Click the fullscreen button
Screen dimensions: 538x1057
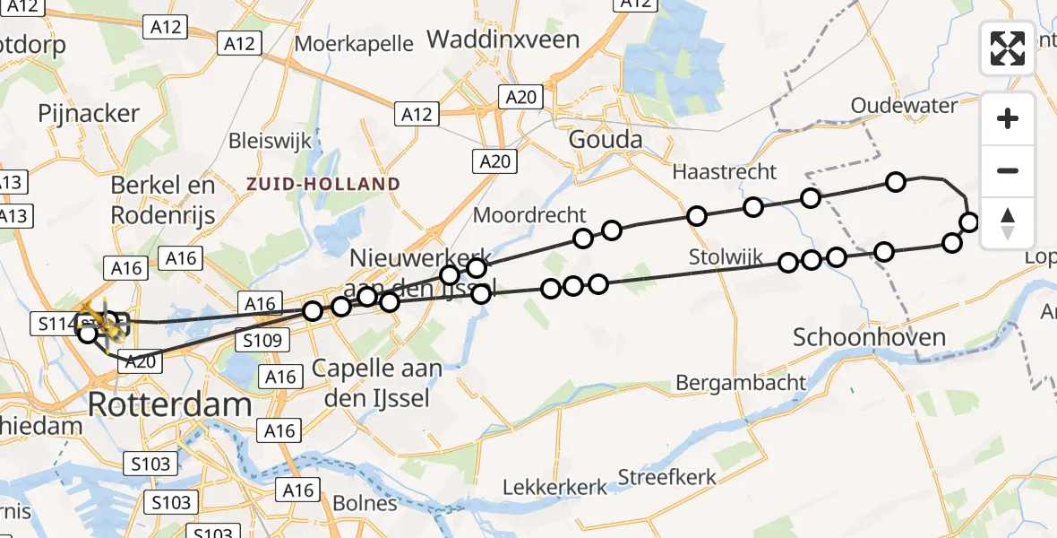[x=1008, y=48]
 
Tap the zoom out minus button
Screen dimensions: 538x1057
[x=1008, y=170]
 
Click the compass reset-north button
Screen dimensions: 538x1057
[x=1008, y=223]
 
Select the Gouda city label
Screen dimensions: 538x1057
[x=606, y=139]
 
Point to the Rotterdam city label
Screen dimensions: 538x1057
[x=169, y=404]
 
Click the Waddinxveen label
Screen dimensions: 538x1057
[x=503, y=39]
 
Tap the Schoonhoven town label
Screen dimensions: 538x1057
[x=869, y=337]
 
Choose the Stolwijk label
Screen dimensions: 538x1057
[x=726, y=258]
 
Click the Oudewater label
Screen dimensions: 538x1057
[x=904, y=106]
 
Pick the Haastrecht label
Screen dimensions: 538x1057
[x=725, y=171]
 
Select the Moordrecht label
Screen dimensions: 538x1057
[x=529, y=215]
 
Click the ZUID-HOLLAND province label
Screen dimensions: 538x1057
[x=324, y=185]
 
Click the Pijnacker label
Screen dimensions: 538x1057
[x=89, y=113]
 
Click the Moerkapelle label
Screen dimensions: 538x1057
[x=354, y=43]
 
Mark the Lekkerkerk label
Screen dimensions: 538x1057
[x=555, y=487]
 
